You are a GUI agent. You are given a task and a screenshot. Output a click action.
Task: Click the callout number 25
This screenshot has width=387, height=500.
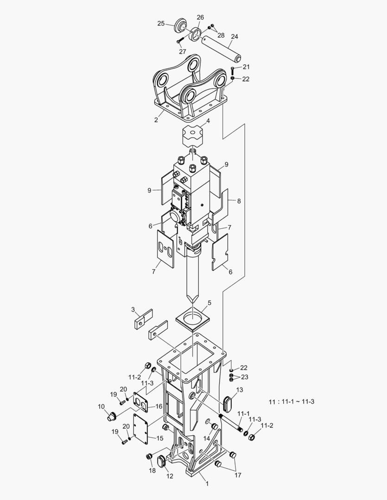pos(161,23)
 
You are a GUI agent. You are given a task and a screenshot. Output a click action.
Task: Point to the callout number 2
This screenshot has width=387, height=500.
pos(156,120)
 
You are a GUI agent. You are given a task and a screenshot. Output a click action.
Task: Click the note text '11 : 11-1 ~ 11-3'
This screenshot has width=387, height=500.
pos(292,401)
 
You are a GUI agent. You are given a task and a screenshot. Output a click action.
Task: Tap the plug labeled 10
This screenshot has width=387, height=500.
pos(111,417)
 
